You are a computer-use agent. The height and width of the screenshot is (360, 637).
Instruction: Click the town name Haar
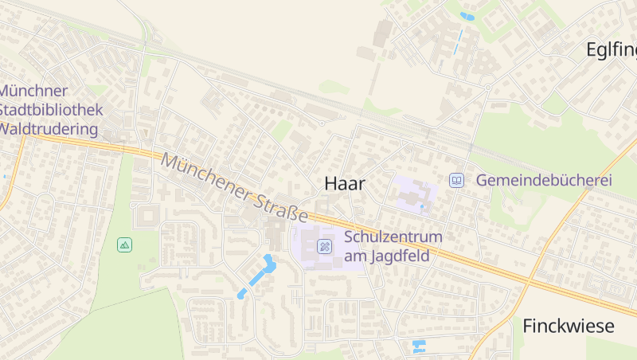345,184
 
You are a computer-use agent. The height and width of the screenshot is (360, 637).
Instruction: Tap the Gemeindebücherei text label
544,181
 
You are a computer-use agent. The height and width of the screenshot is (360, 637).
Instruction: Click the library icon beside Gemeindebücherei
456,181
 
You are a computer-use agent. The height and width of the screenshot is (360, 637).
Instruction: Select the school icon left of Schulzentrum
324,246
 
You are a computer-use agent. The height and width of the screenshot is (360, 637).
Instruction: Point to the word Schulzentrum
393,237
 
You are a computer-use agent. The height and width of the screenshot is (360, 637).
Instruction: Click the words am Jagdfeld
387,256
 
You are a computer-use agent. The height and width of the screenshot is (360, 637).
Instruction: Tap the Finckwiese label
569,326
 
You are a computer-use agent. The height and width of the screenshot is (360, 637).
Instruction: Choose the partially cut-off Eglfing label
612,50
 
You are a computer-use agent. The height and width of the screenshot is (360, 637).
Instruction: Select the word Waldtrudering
49,129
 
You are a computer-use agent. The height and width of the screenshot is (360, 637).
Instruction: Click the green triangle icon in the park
124,245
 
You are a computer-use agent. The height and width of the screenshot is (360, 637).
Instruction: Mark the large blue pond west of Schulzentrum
266,267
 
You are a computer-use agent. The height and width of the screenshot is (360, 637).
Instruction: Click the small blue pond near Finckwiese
418,346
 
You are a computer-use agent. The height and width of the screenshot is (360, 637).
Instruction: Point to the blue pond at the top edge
467,15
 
